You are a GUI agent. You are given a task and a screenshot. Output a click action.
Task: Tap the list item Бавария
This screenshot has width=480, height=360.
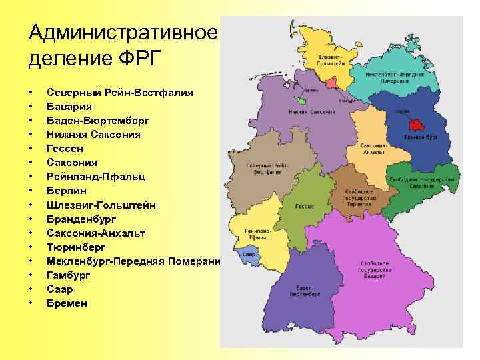[x=69, y=105]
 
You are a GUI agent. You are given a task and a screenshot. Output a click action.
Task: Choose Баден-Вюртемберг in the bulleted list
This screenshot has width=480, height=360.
[x=98, y=120]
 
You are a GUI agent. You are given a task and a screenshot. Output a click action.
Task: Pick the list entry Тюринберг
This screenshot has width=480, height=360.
[x=77, y=247]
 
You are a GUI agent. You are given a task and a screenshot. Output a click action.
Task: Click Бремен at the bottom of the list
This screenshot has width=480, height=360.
[x=67, y=303]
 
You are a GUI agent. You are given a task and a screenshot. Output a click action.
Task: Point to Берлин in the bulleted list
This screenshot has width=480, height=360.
[x=67, y=191]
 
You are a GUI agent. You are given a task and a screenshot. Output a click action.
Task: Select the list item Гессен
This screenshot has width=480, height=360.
[x=65, y=148]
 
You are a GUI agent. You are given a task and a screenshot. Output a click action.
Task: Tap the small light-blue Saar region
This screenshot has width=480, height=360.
[x=249, y=254]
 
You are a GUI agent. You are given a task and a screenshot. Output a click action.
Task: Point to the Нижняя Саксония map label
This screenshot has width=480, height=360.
[x=311, y=112]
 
